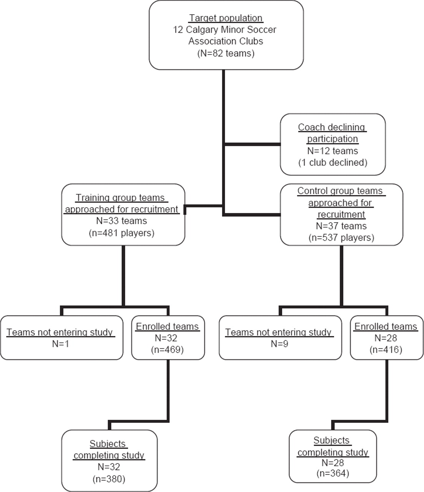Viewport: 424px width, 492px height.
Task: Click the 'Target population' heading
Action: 226,18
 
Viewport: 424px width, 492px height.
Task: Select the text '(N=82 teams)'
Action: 226,53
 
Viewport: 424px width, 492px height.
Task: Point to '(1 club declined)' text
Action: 333,163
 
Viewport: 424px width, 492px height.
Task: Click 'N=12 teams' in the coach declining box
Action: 333,151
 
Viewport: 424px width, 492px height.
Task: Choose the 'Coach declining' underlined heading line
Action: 332,127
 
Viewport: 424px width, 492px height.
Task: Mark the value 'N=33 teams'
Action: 121,221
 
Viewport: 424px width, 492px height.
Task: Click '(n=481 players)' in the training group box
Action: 121,233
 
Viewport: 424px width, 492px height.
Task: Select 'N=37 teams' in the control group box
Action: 341,226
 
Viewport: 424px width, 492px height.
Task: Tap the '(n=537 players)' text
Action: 341,238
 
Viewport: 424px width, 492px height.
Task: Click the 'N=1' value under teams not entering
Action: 61,344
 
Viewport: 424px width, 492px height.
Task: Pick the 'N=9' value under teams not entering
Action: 280,344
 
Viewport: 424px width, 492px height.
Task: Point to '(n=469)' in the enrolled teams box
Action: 167,350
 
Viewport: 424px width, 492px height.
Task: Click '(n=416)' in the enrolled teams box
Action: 386,350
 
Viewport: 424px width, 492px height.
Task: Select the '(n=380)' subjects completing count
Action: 109,479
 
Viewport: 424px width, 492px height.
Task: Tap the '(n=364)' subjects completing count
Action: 333,473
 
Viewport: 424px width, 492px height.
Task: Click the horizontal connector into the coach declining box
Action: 253,144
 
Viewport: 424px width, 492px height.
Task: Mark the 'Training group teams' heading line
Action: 120,198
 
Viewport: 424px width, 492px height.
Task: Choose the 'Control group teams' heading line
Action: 341,191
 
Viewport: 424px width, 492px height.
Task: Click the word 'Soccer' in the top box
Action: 262,30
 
